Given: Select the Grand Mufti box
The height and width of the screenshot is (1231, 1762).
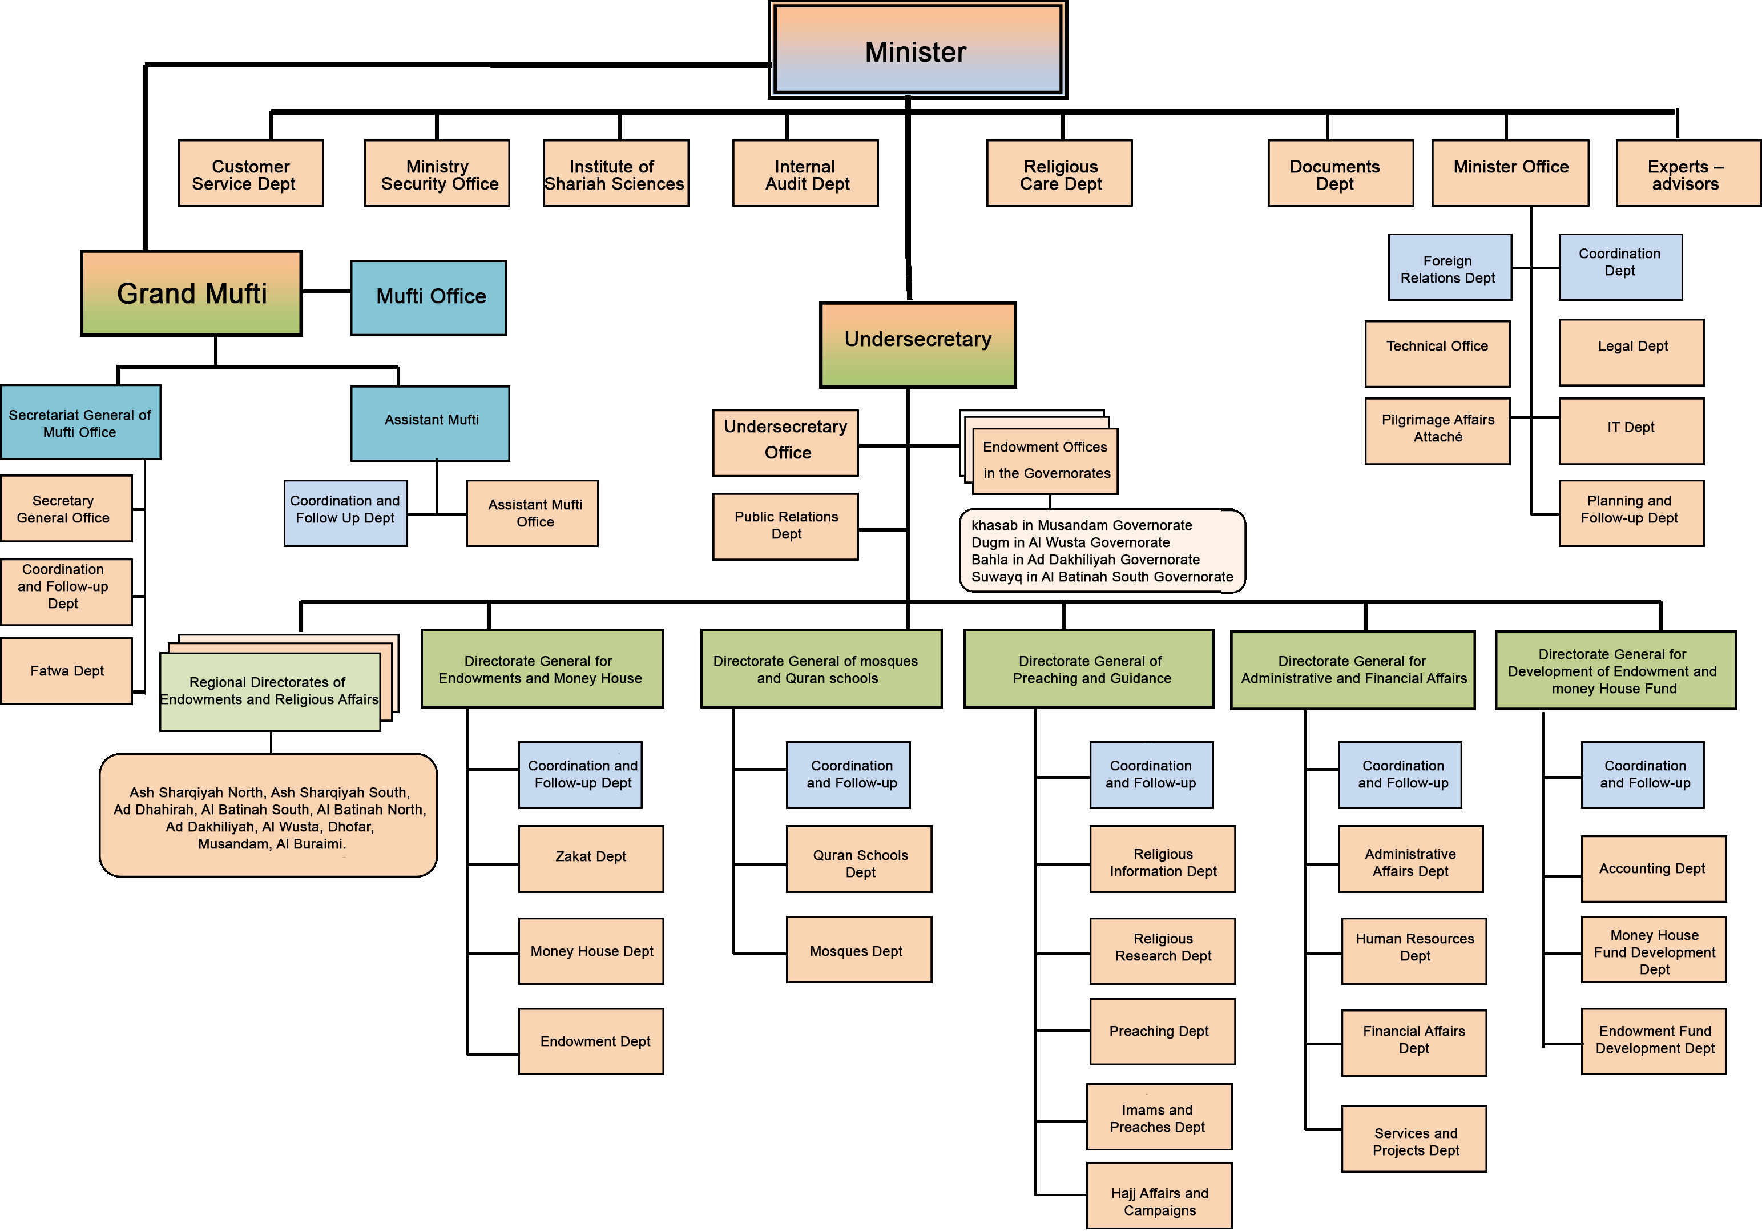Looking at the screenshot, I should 191,293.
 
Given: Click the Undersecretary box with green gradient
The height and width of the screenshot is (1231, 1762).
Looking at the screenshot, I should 918,345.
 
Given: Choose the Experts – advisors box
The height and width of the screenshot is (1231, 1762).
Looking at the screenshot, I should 1687,174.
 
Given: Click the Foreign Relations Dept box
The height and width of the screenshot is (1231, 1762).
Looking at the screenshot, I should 1449,268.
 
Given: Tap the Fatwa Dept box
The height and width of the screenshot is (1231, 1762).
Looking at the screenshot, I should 67,671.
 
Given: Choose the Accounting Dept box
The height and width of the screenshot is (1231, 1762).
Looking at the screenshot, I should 1653,869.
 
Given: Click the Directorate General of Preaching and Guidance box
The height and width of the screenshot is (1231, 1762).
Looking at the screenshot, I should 1089,669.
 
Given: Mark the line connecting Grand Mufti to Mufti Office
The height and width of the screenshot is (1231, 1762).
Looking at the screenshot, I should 326,292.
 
